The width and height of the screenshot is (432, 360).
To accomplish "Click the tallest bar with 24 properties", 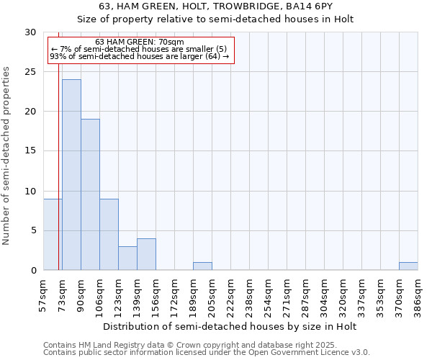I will (71, 175).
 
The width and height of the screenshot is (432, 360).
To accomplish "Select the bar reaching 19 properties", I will (90, 194).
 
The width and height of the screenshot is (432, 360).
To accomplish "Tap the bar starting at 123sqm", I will (127, 258).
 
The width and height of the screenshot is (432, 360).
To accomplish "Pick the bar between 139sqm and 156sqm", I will (146, 254).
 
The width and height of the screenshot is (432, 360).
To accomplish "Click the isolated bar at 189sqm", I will (202, 266).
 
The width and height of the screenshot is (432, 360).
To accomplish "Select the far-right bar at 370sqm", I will (408, 266).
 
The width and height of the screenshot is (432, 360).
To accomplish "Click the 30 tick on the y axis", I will (30, 32).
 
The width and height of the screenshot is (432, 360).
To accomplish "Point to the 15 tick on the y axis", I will (30, 151).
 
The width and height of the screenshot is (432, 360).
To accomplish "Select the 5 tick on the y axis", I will (33, 230).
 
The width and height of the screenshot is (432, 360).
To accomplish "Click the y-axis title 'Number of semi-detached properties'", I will (6, 156).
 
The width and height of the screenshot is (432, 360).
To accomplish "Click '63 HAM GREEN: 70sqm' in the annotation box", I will (140, 42).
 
